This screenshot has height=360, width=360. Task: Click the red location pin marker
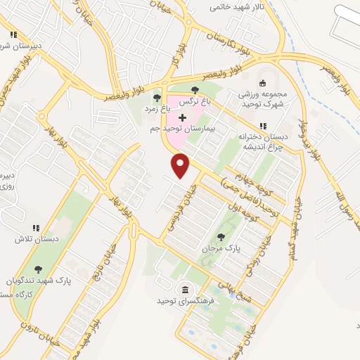point(181,165)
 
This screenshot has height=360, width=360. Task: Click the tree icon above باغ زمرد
point(157,98)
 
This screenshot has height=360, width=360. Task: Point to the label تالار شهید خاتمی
point(240,7)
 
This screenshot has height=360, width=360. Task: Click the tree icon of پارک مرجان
point(221,237)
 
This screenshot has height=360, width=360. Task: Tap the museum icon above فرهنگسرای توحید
point(184,290)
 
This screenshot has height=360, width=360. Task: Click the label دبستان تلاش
point(30,239)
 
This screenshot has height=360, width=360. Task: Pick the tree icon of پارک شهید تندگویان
point(37,269)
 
